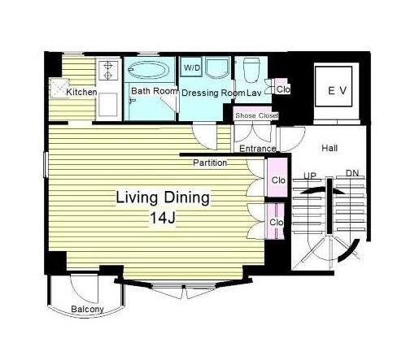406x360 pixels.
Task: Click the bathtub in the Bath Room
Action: point(149,70)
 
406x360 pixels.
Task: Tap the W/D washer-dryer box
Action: point(192,67)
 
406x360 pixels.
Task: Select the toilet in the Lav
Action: point(252,70)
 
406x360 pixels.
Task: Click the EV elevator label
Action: point(337,91)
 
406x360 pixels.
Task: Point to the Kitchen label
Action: point(81,92)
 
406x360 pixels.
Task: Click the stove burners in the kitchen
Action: point(108,70)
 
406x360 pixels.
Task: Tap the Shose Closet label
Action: point(256,115)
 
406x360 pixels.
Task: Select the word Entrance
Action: point(258,149)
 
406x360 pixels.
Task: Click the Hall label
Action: point(330,148)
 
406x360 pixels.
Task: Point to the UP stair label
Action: point(310,176)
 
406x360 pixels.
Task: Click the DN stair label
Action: point(352,173)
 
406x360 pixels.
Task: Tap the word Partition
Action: point(210,163)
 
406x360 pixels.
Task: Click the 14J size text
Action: point(163,218)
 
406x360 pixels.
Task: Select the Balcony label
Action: point(87,309)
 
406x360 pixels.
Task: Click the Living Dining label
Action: point(163,197)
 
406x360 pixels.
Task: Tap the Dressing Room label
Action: point(213,93)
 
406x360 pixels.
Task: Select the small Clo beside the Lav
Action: point(283,89)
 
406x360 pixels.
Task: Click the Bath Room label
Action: point(154,91)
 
